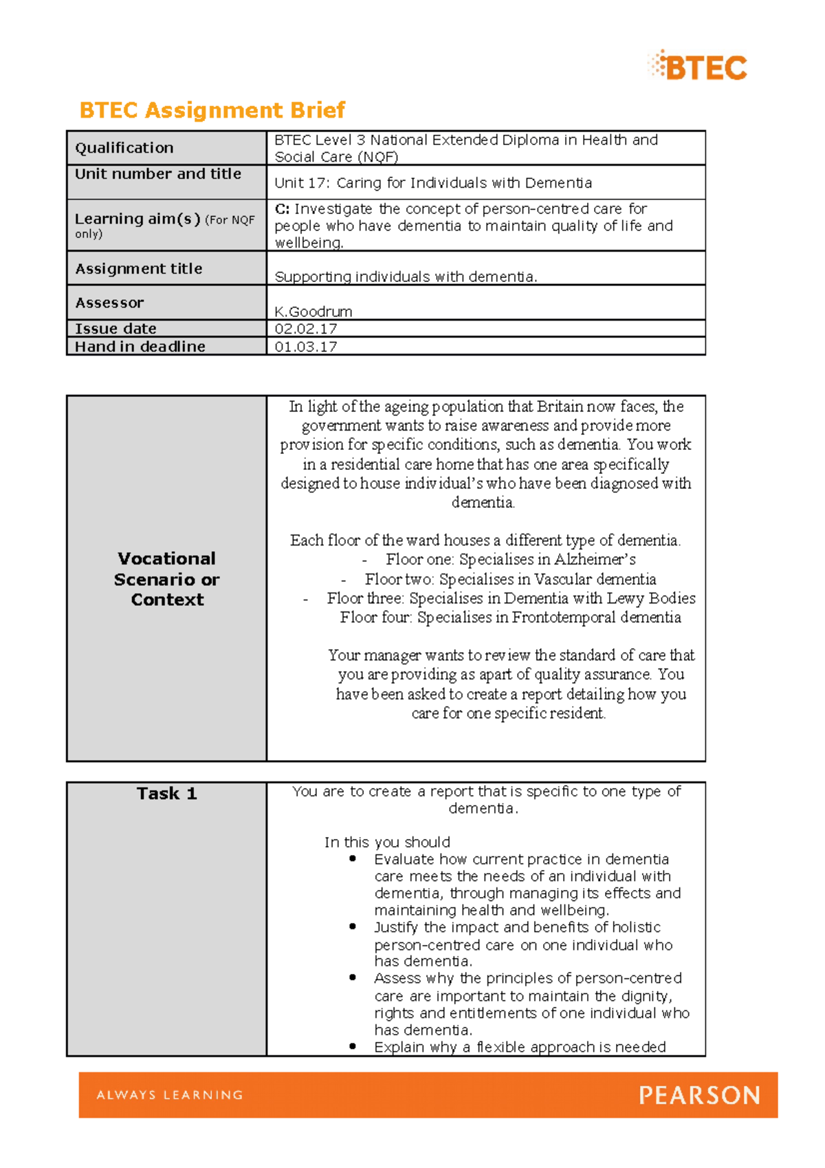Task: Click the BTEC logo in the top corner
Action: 697,67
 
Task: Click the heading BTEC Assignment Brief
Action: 212,110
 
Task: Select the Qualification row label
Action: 124,148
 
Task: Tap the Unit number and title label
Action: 158,174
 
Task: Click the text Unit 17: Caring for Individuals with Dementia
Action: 433,183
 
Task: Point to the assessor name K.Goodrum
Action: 313,312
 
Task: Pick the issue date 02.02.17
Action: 306,329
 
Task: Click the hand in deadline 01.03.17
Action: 306,347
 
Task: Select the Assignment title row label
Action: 139,269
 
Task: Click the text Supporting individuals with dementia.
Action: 406,277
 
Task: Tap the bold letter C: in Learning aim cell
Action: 282,208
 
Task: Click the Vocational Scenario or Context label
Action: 167,579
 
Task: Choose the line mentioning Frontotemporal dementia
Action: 510,618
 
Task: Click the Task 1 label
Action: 167,794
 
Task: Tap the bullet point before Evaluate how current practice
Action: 353,858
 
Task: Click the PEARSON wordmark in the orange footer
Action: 699,1095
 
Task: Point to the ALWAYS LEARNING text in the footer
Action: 170,1095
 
